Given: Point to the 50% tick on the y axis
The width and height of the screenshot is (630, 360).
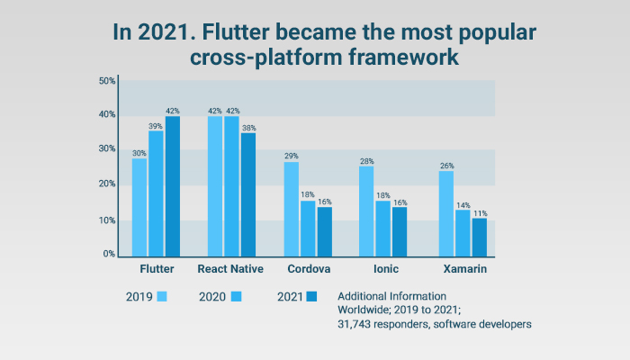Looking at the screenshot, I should [x=106, y=81].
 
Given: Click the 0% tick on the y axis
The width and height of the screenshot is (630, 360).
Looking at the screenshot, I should [x=109, y=255].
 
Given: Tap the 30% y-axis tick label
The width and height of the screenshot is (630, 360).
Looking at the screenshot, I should [x=106, y=148].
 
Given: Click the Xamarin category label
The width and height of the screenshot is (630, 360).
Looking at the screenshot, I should [x=463, y=269].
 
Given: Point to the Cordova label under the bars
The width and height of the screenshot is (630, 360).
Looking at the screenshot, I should [x=308, y=269].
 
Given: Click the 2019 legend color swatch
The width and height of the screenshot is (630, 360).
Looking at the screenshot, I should [x=162, y=296].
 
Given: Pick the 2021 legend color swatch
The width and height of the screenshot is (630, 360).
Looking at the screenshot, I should [x=312, y=296].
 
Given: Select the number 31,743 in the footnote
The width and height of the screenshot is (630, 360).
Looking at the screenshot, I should [x=357, y=324].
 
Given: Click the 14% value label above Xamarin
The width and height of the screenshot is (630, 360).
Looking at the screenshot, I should [x=463, y=205].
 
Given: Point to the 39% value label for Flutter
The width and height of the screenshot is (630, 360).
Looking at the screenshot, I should [x=157, y=126].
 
